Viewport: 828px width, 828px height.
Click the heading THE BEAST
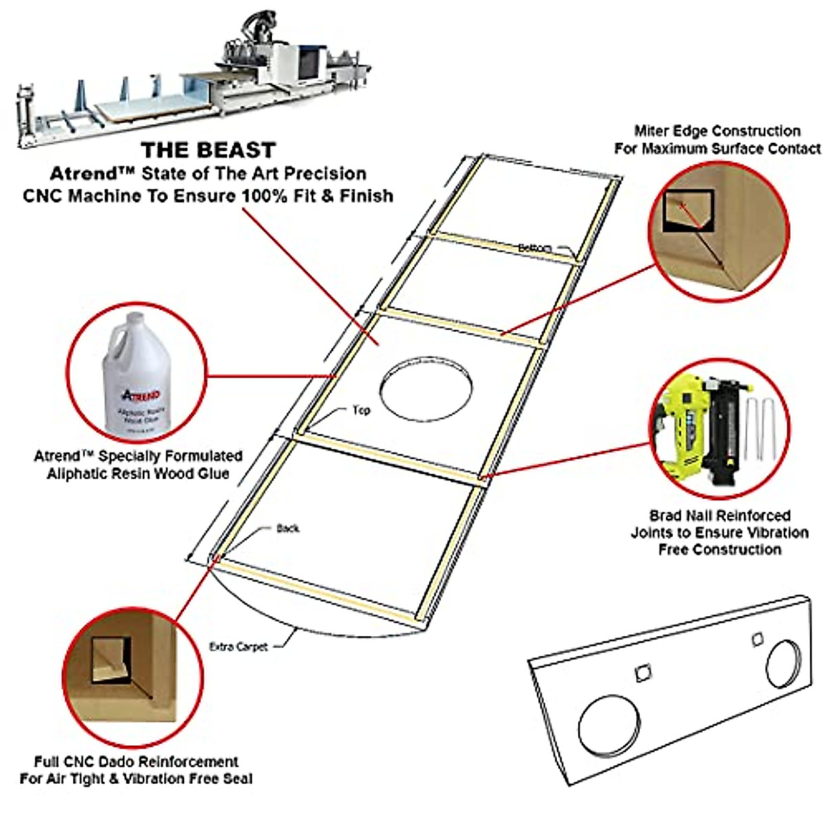[208, 150]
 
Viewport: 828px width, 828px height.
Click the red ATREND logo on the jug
[141, 395]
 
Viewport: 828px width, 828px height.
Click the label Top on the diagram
[362, 411]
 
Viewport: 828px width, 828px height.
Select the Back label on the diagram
[288, 529]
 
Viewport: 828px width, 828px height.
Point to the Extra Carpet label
[238, 647]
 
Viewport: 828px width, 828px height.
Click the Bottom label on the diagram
[534, 248]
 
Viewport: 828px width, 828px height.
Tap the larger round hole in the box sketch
[608, 724]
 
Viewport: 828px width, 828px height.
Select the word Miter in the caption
[650, 131]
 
